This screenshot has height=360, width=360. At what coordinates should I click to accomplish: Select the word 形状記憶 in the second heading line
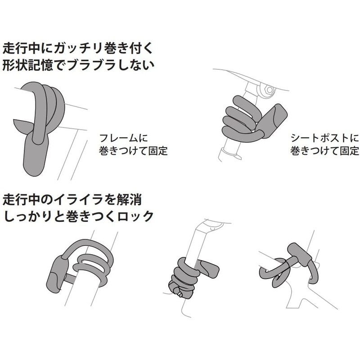click(x=28, y=64)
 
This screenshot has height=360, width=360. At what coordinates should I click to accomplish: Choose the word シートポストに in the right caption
click(x=324, y=138)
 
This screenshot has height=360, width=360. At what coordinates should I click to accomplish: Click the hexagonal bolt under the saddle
click(x=269, y=90)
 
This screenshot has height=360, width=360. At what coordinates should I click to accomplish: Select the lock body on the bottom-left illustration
click(x=58, y=273)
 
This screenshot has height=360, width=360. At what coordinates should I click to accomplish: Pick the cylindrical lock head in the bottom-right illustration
click(x=300, y=254)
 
